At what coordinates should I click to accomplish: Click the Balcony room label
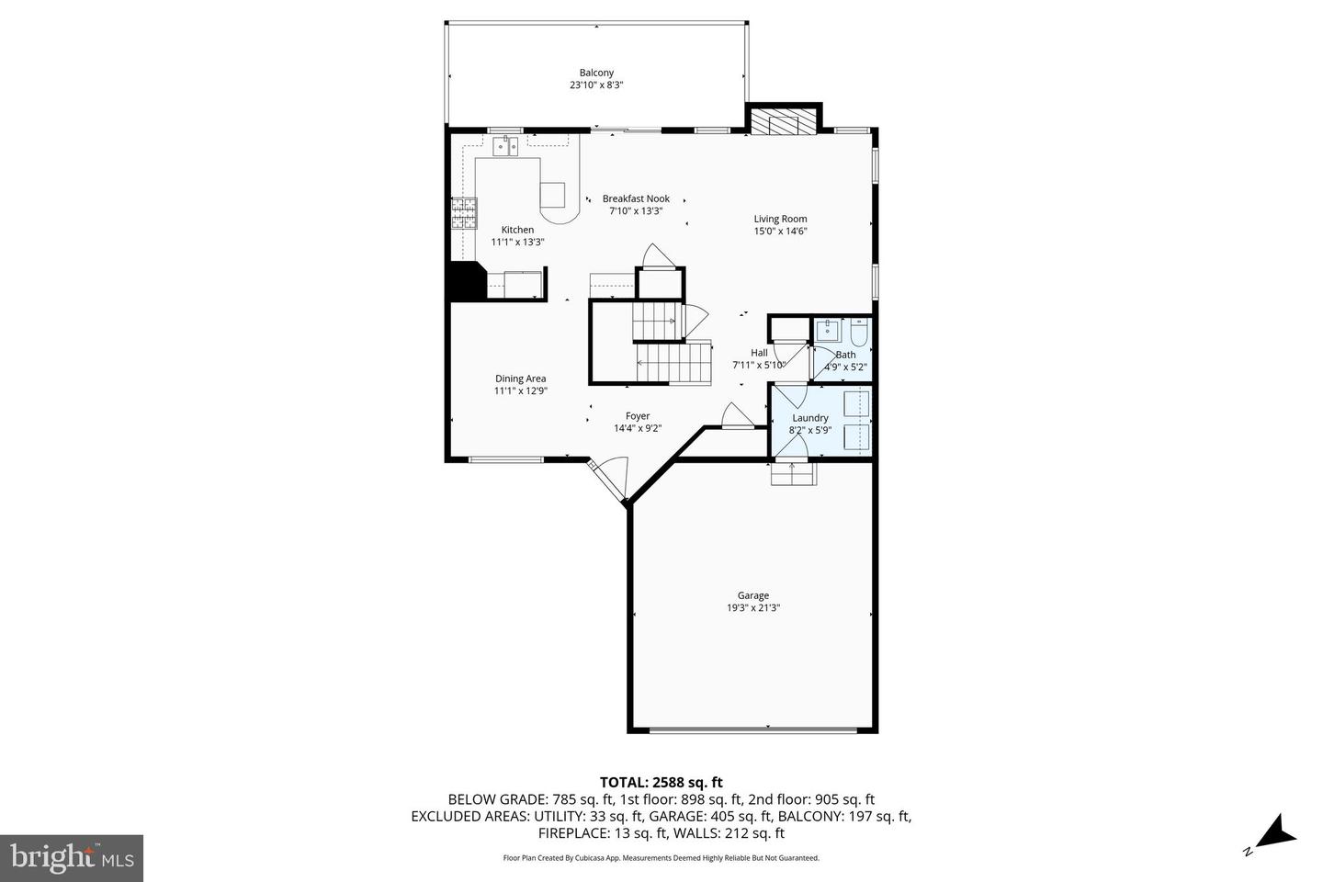coord(596,73)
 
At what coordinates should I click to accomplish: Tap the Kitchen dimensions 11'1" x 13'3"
coord(517,243)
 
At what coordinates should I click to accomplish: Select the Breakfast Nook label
coord(636,198)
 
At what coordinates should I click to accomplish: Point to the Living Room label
coord(780,219)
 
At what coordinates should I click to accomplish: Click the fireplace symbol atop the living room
coord(782,121)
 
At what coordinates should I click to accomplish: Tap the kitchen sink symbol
coord(505,146)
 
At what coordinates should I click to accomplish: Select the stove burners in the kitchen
coord(465,213)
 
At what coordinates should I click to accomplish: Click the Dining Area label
coord(520,379)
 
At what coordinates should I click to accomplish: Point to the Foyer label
coord(638,416)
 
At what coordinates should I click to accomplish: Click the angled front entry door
coord(609,481)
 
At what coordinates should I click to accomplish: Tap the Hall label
coord(759,353)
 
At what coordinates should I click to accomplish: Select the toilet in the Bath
coord(859,331)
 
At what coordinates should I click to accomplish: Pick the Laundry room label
coord(809,418)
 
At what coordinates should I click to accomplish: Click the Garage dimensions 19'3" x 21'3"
coord(752,607)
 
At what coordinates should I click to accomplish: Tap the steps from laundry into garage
coord(792,473)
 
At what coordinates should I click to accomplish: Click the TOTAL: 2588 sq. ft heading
coord(661,782)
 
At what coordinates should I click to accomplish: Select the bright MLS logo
coord(72,858)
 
